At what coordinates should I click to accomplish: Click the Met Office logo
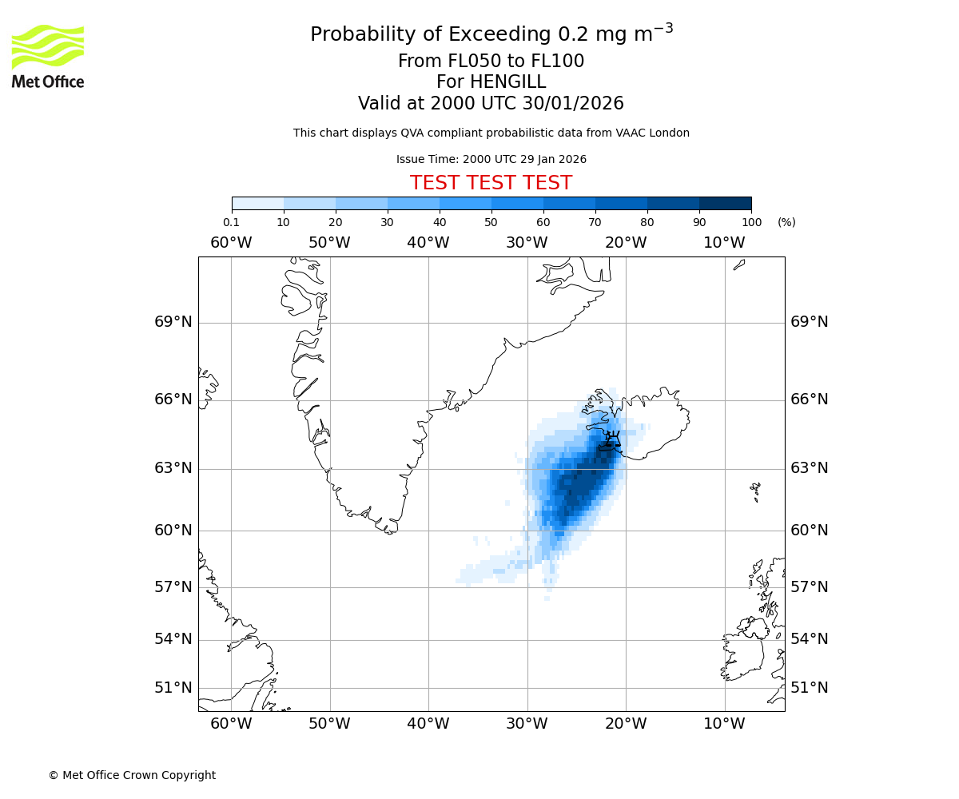click(x=48, y=56)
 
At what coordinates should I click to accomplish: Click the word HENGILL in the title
click(x=491, y=82)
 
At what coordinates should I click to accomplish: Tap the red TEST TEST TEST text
click(x=491, y=183)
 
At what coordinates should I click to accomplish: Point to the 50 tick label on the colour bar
click(x=491, y=222)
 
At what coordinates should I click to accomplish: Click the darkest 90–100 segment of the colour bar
click(x=725, y=203)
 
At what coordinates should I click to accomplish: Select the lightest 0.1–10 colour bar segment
click(x=258, y=203)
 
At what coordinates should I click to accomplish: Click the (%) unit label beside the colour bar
click(x=786, y=222)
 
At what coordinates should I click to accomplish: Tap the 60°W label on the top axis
click(x=231, y=242)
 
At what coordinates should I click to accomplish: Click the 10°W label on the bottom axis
click(x=724, y=724)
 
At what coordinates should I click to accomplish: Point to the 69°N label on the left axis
click(x=173, y=322)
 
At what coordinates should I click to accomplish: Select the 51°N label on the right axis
click(x=809, y=688)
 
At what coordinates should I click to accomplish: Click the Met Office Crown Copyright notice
click(x=132, y=775)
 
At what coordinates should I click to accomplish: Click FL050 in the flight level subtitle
click(x=459, y=62)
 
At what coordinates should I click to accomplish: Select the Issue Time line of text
click(x=491, y=159)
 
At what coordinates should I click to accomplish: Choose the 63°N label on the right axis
click(x=809, y=468)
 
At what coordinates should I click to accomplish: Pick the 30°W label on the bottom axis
click(x=527, y=724)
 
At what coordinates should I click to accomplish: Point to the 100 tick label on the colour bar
click(x=751, y=222)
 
